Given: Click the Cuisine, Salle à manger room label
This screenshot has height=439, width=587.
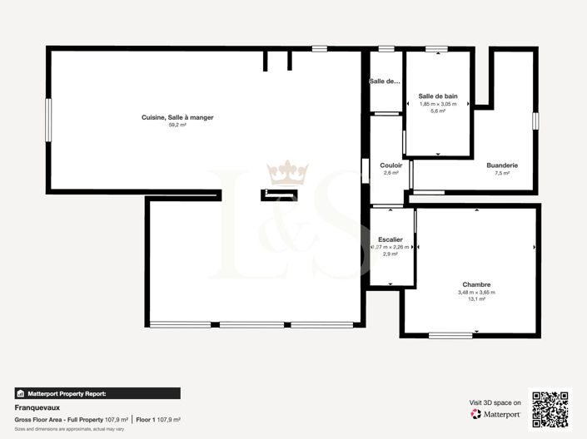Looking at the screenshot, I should [177, 117].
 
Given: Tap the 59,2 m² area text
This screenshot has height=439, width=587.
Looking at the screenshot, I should [177, 125].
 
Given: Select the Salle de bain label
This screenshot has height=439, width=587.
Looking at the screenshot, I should [437, 96].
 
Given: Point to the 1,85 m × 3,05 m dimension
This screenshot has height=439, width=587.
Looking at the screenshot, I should [438, 104].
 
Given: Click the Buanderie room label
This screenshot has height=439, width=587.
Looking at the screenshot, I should [502, 165].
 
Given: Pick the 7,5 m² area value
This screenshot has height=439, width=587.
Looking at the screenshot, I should [502, 173].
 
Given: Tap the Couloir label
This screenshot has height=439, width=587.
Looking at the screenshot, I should [391, 165].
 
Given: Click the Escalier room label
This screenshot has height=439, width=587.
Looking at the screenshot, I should [391, 239].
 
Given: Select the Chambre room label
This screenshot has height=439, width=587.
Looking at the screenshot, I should [476, 284].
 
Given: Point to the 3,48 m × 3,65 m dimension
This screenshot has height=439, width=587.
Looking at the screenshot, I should [476, 292].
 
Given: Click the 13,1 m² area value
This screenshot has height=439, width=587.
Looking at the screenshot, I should [476, 299].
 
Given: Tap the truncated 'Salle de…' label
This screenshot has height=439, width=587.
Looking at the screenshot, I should [386, 81].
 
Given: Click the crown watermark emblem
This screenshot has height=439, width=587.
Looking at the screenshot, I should [287, 173].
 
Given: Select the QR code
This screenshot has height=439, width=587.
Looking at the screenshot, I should [551, 408].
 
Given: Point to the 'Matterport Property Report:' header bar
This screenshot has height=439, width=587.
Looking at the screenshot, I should [97, 393].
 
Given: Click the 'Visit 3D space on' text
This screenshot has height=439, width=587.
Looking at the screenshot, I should [495, 402].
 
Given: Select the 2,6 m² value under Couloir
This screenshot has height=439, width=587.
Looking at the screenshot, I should [391, 173].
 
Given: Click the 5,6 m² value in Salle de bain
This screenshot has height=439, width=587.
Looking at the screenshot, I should [438, 111].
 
